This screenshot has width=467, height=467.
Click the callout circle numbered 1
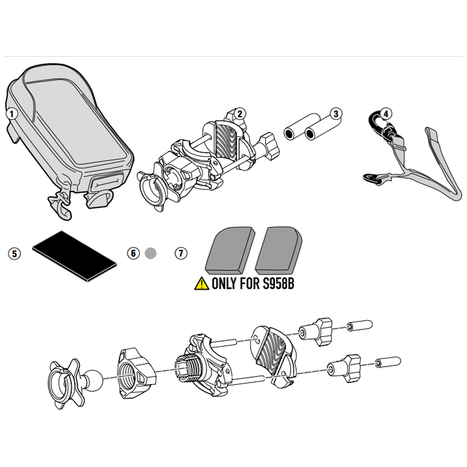click(12, 114)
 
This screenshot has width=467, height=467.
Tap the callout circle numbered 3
click(335, 114)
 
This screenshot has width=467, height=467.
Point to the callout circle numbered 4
click(385, 114)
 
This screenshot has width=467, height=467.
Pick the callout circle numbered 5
click(14, 253)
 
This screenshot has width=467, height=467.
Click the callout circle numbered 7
click(182, 253)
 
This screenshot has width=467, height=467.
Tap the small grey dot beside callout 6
click(151, 253)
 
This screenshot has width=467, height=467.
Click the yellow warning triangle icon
click(201, 284)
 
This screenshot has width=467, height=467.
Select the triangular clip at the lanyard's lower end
click(371, 178)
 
